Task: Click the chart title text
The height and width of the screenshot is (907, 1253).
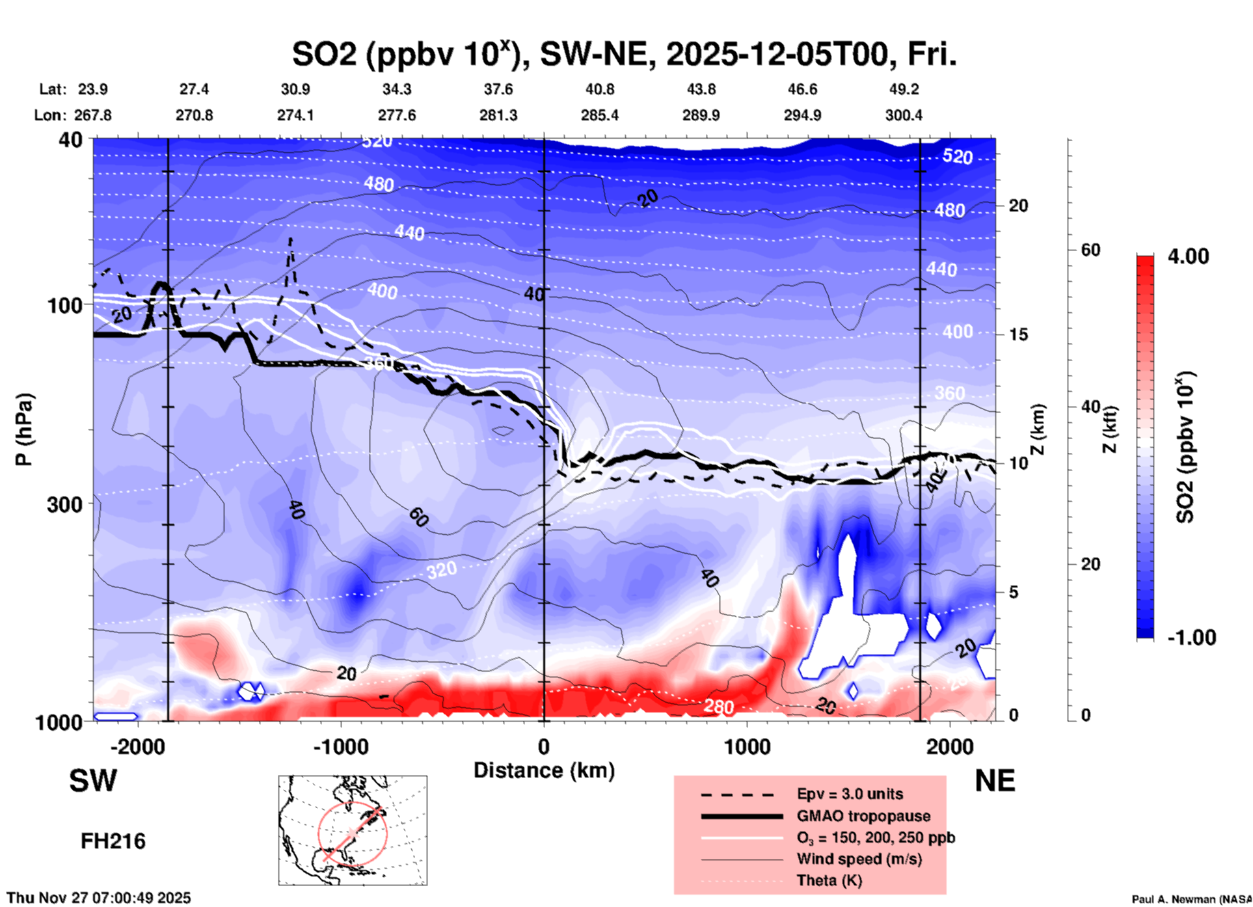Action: point(625,55)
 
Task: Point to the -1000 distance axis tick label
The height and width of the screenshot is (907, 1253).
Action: point(340,746)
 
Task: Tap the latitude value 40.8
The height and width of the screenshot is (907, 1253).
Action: point(599,89)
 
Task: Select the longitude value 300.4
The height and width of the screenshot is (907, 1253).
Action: point(903,115)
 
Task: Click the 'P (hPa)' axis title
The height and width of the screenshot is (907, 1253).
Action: point(24,429)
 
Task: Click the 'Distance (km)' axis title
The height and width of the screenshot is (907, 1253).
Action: point(544,770)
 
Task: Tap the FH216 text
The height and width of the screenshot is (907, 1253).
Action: point(113,841)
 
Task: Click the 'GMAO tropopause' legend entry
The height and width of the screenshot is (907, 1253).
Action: point(863,816)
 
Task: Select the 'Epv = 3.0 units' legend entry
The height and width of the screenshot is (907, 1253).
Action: point(850,794)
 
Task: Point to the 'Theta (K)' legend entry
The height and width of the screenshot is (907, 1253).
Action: point(829,880)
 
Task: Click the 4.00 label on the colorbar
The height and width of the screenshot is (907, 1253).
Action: point(1188,256)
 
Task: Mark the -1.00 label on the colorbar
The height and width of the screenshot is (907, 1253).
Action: point(1191,638)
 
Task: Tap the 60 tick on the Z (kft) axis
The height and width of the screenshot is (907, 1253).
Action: point(1090,250)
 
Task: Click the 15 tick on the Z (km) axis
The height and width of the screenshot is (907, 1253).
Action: point(1018,334)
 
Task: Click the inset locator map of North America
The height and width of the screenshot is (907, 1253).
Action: point(353,830)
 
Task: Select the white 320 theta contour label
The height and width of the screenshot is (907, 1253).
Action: point(442,571)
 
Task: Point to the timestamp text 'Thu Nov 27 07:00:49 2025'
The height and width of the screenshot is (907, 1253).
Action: point(99,898)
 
